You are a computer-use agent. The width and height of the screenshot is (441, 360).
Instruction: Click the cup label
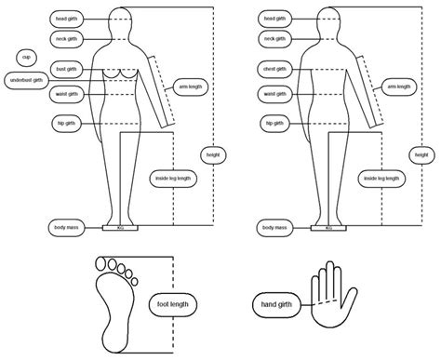pyautogui.click(x=25, y=57)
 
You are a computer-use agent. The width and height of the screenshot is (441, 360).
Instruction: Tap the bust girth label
pyautogui.click(x=65, y=68)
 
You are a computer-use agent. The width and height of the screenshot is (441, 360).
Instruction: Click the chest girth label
pyautogui.click(x=274, y=68)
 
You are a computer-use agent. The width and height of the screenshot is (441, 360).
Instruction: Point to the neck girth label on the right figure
pyautogui.click(x=274, y=39)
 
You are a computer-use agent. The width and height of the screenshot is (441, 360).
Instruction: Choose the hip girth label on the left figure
pyautogui.click(x=65, y=123)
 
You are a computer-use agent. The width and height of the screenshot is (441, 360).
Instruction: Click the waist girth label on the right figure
pyautogui.click(x=274, y=93)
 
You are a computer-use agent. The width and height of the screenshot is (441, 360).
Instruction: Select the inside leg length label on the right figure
pyautogui.click(x=382, y=178)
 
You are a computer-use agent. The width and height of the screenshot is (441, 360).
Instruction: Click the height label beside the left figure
pyautogui.click(x=212, y=153)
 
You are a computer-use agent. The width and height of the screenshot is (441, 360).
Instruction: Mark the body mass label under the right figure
pyautogui.click(x=274, y=227)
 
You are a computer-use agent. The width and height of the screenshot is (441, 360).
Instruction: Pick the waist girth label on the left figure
pyautogui.click(x=65, y=93)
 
